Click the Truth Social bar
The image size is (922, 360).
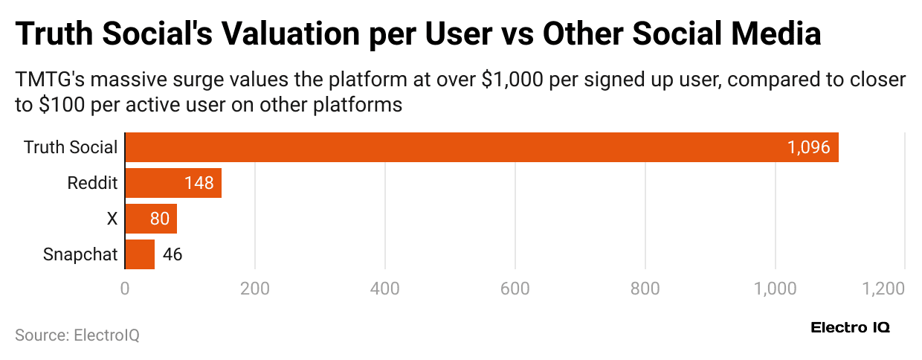click(482, 147)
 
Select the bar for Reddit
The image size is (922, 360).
click(173, 183)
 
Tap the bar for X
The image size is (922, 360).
click(151, 219)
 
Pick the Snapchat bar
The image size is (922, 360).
click(140, 254)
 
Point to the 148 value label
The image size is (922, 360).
click(199, 183)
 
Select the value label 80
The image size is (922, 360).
click(160, 219)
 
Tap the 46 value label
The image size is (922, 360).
click(172, 254)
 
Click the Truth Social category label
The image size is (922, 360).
click(71, 147)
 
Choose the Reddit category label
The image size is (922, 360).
click(92, 183)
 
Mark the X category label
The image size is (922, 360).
click(112, 219)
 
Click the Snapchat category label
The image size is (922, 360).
click(80, 254)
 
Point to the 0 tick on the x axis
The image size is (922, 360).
click(125, 287)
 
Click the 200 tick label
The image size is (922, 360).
click(255, 287)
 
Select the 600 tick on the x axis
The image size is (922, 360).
click(515, 287)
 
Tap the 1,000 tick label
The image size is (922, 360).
click(775, 287)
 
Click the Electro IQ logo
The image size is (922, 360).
click(850, 327)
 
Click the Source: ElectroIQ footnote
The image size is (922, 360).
click(77, 335)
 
